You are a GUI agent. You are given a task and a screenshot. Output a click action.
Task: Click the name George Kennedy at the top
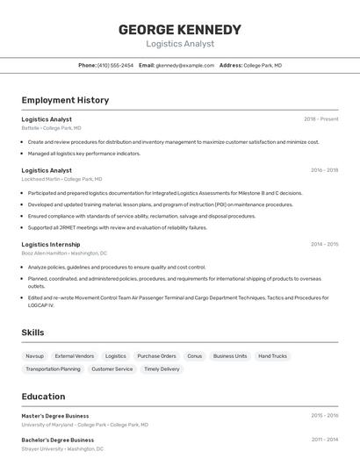[180, 29]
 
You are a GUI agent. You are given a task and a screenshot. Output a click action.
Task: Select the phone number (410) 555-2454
[115, 65]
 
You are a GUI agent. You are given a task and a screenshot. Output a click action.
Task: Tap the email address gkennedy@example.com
[185, 65]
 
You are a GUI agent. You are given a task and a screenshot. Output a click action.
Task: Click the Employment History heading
[65, 100]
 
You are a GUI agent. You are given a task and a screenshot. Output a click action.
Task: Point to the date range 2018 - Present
[320, 119]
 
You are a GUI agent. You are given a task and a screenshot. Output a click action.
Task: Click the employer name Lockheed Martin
[41, 179]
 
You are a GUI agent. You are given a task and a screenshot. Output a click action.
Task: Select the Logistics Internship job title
[50, 245]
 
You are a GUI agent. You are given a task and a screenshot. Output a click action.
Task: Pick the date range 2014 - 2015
[324, 245]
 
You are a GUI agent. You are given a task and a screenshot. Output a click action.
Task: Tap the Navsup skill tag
[34, 356]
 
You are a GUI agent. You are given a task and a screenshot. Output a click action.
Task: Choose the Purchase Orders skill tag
[156, 356]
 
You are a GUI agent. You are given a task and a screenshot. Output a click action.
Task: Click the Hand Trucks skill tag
[272, 356]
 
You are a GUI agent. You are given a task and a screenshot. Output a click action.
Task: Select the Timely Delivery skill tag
[162, 369]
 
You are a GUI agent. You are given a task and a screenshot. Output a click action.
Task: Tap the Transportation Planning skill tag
[53, 369]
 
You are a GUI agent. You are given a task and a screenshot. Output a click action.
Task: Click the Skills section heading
[32, 333]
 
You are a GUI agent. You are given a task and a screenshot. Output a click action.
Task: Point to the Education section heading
[43, 397]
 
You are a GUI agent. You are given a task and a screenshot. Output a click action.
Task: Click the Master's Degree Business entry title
[54, 416]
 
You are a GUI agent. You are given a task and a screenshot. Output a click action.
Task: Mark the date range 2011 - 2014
[324, 440]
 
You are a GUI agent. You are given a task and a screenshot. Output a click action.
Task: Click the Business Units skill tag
[230, 356]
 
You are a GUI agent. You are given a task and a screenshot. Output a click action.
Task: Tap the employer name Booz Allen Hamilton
[45, 253]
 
